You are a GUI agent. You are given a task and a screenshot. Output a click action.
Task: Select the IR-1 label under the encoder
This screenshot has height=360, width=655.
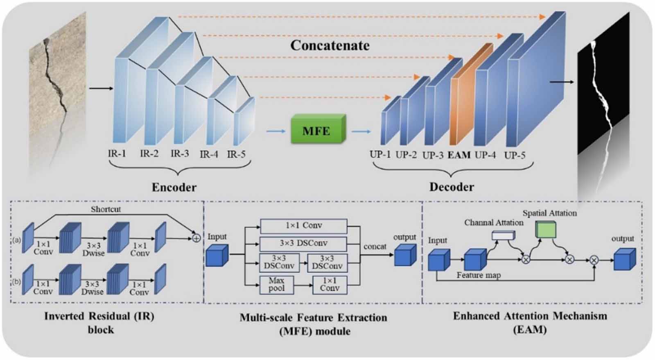point(117,154)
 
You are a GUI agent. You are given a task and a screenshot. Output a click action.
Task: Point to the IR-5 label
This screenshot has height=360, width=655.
point(236,154)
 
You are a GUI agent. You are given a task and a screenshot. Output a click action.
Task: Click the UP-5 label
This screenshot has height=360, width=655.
point(515,155)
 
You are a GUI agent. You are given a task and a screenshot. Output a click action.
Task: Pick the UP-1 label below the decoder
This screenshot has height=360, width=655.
point(380,155)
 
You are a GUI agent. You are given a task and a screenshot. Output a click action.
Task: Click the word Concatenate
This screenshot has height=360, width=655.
point(330,45)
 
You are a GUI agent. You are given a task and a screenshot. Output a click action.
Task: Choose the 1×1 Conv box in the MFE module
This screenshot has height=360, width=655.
point(303,226)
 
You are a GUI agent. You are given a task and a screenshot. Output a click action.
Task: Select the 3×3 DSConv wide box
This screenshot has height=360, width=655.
point(303,243)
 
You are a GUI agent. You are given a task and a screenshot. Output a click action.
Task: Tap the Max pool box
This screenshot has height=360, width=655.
point(276,285)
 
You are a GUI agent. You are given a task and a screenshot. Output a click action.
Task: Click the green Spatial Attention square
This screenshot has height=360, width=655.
point(546,230)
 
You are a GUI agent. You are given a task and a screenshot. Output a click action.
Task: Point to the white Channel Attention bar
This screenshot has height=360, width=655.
point(503,235)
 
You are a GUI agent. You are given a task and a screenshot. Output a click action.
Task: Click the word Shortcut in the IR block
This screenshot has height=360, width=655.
point(106,209)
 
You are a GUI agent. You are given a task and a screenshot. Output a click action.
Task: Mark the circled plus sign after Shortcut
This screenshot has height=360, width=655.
point(196,238)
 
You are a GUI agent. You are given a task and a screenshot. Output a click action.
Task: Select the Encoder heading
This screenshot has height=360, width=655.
point(174,188)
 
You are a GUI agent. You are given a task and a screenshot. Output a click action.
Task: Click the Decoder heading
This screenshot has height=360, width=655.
point(452,187)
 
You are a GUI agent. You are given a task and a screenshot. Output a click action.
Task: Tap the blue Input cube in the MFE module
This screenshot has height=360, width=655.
point(217,256)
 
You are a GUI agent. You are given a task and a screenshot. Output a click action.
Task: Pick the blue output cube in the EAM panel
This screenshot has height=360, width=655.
point(624,260)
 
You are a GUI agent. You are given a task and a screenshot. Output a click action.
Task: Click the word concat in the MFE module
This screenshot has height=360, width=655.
point(375,247)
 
